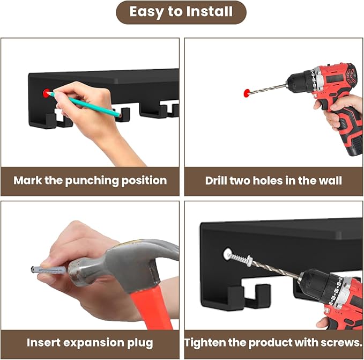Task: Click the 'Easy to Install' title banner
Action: coord(181,12)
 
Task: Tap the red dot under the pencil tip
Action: coord(47,93)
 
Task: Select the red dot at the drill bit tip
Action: coord(247,93)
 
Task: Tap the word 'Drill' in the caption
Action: coord(216,181)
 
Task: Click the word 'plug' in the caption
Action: coord(140,343)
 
